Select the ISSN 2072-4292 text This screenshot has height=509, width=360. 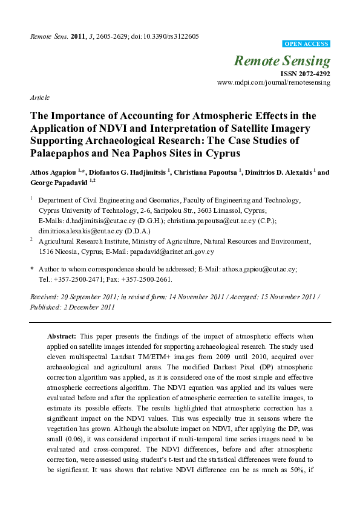pos(305,73)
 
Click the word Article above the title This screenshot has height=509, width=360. pos(40,97)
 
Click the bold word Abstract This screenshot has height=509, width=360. pos(63,336)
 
